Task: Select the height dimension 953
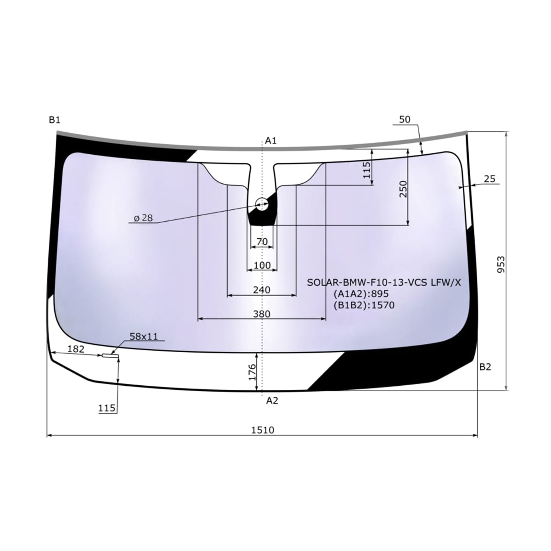[501, 264]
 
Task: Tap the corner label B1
[55, 120]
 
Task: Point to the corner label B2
[485, 367]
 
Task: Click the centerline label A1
[271, 141]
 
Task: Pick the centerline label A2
[272, 400]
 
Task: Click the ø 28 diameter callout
[144, 218]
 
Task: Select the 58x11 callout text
[144, 337]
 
